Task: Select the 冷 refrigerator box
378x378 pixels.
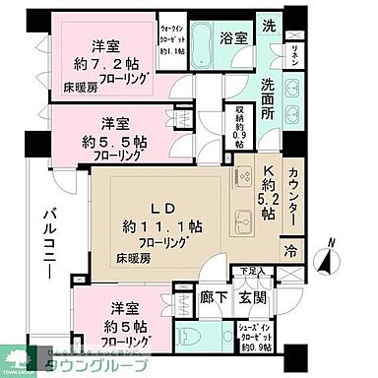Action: point(291,250)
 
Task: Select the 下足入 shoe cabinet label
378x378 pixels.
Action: point(254,272)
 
